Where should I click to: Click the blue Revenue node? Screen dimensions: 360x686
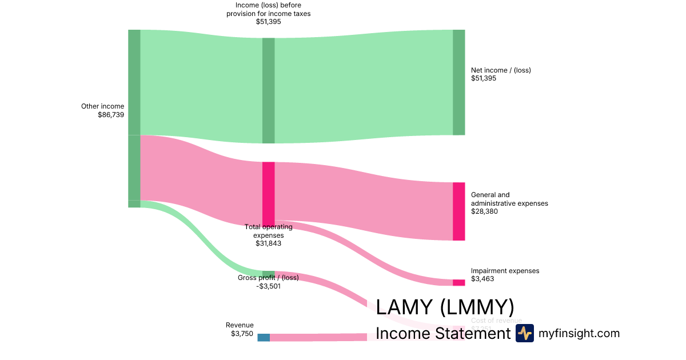pyautogui.click(x=263, y=337)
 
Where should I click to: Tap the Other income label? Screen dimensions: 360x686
pyautogui.click(x=102, y=106)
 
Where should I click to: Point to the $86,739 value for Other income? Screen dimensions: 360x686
pyautogui.click(x=111, y=115)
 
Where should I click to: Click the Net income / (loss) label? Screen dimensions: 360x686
pyautogui.click(x=501, y=70)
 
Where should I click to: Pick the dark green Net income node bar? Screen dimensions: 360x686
pyautogui.click(x=458, y=82)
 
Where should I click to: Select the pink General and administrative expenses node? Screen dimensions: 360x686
pyautogui.click(x=458, y=211)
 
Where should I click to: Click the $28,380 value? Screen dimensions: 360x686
pyautogui.click(x=484, y=211)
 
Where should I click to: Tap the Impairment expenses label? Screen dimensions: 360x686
pyautogui.click(x=505, y=271)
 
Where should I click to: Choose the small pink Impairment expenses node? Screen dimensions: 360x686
pyautogui.click(x=458, y=282)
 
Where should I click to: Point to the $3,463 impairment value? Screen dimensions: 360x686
pyautogui.click(x=482, y=279)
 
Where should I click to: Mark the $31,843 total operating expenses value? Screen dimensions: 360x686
pyautogui.click(x=268, y=243)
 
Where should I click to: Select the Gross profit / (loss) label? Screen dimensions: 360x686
pyautogui.click(x=268, y=278)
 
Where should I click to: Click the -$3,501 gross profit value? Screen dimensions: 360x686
pyautogui.click(x=268, y=286)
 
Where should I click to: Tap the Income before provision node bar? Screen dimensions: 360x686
pyautogui.click(x=268, y=90)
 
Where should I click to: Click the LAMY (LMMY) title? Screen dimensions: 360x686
pyautogui.click(x=445, y=307)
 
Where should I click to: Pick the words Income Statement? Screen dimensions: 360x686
pyautogui.click(x=442, y=333)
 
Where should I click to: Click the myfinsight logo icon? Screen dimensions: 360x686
pyautogui.click(x=524, y=333)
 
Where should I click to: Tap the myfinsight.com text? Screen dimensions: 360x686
pyautogui.click(x=579, y=333)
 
